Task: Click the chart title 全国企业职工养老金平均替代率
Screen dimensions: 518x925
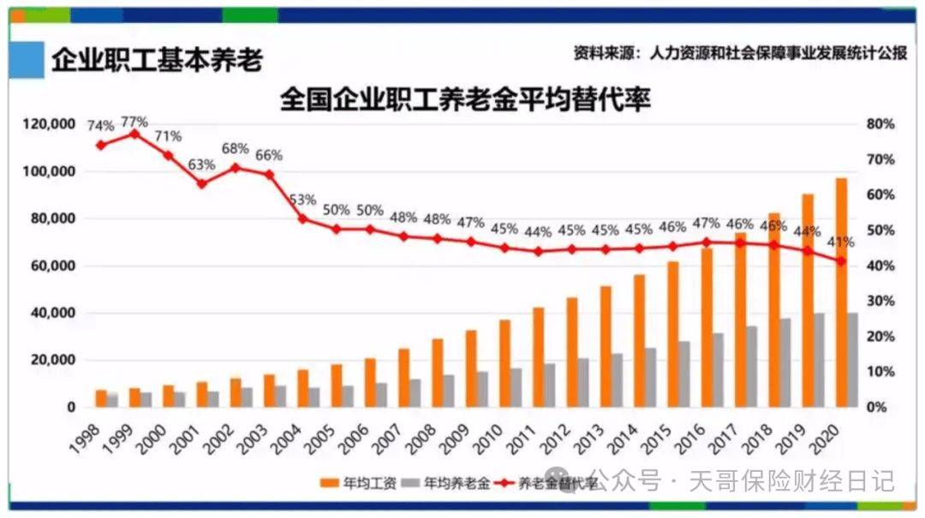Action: pyautogui.click(x=465, y=100)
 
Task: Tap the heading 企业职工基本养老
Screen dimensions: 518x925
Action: pyautogui.click(x=157, y=61)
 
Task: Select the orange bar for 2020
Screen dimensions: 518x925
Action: pyautogui.click(x=841, y=292)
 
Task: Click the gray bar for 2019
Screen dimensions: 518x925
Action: pyautogui.click(x=820, y=360)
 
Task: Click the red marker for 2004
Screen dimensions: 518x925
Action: pyautogui.click(x=302, y=218)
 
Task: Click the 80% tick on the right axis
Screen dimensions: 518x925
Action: pyautogui.click(x=880, y=125)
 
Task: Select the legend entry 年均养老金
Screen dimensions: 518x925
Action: pyautogui.click(x=454, y=483)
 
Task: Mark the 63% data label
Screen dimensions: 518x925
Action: pyautogui.click(x=202, y=164)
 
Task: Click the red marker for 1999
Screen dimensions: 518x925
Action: pyautogui.click(x=134, y=134)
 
